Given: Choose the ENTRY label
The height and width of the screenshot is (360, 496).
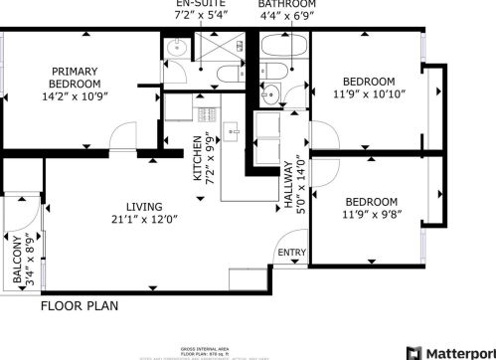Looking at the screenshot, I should (x=292, y=253).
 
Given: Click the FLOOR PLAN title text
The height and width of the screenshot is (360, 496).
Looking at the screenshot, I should (x=79, y=306).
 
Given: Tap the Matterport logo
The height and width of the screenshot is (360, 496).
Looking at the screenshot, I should (x=458, y=351).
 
